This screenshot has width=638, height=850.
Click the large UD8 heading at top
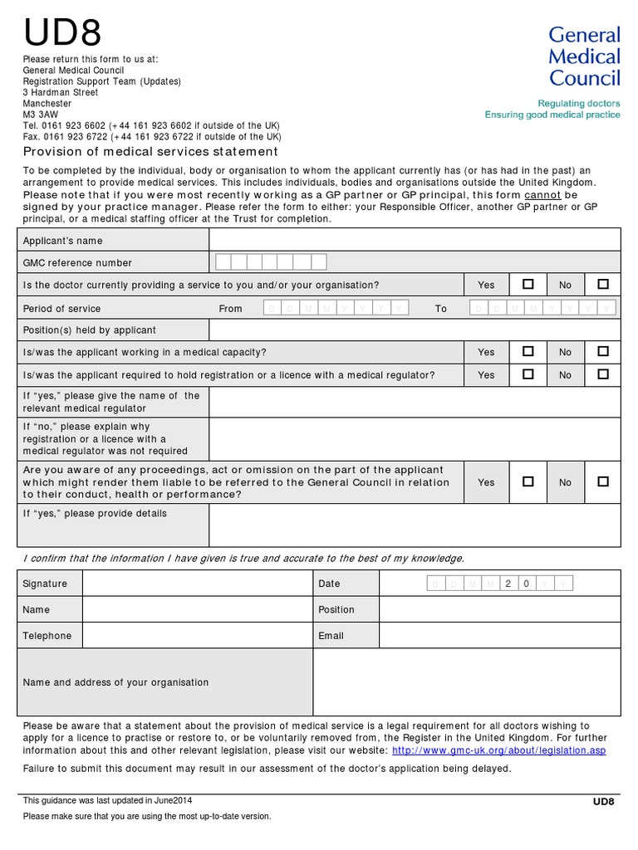pos(63,33)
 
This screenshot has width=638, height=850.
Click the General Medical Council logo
pos(584,56)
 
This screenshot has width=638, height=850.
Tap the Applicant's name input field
pos(414,240)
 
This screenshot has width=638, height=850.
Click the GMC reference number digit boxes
pos(271,262)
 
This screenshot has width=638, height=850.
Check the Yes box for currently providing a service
pos(528,284)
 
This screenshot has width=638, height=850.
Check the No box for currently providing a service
pos(602,284)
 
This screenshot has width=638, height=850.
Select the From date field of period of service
pos(336,308)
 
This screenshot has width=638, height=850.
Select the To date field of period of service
pos(544,308)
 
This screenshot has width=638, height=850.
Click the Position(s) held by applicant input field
pos(414,330)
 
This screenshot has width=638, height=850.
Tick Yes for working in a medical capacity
pos(528,352)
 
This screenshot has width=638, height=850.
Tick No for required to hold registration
pos(602,374)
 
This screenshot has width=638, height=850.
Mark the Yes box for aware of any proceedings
pos(528,481)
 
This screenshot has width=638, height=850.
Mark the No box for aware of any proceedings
pos(602,481)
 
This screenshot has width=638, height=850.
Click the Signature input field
pos(197,584)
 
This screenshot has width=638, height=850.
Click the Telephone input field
pos(197,635)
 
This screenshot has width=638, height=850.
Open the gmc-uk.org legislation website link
pos(498,750)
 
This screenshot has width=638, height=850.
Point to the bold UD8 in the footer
pos(603,801)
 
